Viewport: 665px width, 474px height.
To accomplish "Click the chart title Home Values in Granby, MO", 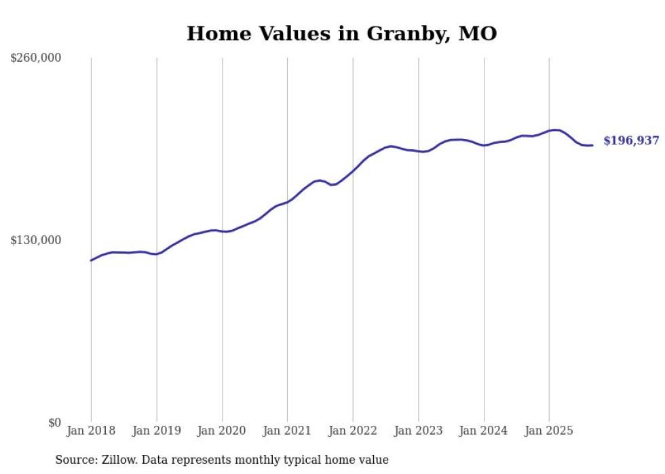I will point(341,33).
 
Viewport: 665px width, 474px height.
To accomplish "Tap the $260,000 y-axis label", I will point(36,58).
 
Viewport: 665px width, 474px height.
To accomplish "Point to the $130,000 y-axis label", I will point(36,240).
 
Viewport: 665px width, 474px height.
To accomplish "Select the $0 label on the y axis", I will point(54,422).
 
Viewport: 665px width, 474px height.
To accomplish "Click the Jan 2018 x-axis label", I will point(91,431).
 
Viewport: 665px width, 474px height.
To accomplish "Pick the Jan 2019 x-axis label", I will point(157,431).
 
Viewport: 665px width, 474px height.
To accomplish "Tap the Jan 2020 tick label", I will point(222,431).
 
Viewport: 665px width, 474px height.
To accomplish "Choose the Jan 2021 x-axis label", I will point(287,431).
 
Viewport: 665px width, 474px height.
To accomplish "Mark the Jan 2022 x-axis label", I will point(353,431).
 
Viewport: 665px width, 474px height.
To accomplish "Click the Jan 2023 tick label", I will point(418,431).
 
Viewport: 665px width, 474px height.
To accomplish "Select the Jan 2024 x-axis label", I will point(484,431).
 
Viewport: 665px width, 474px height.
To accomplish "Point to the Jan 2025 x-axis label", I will point(549,431).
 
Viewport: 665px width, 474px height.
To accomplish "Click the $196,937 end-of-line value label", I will point(631,141).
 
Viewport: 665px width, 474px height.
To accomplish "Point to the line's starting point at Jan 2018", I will point(91,260).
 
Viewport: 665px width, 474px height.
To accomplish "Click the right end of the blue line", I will point(592,145).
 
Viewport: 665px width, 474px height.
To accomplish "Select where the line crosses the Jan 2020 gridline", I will point(222,231).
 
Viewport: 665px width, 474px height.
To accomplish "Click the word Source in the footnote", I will point(75,460).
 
